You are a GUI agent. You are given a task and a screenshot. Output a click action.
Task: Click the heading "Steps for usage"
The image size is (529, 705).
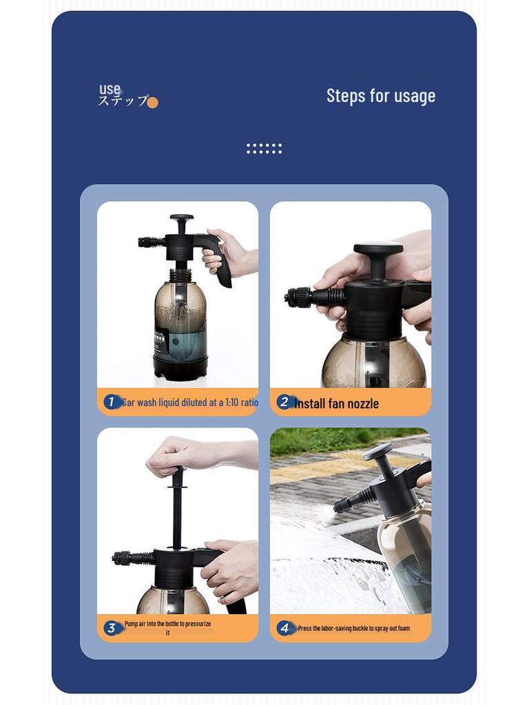[380, 96]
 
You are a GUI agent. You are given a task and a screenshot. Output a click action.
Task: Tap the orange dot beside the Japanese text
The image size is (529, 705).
[152, 103]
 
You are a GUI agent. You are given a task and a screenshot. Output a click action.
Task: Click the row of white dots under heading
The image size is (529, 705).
[264, 148]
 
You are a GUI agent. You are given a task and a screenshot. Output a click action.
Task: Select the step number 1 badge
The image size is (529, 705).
[111, 401]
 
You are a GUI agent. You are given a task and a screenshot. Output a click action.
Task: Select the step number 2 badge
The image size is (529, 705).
[284, 402]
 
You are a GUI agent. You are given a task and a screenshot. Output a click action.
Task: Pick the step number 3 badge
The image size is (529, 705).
[111, 627]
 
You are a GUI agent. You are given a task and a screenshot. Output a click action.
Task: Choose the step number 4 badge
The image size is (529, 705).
[284, 627]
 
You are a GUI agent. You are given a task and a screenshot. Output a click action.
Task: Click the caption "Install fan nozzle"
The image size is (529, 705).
[336, 403]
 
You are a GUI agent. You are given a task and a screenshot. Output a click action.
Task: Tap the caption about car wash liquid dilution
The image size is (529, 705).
[190, 402]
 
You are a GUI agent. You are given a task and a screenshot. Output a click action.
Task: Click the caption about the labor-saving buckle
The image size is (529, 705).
[353, 628]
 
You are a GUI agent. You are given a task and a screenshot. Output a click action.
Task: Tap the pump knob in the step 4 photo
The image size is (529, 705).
[378, 452]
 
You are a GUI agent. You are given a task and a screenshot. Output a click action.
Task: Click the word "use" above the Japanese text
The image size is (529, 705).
[110, 89]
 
